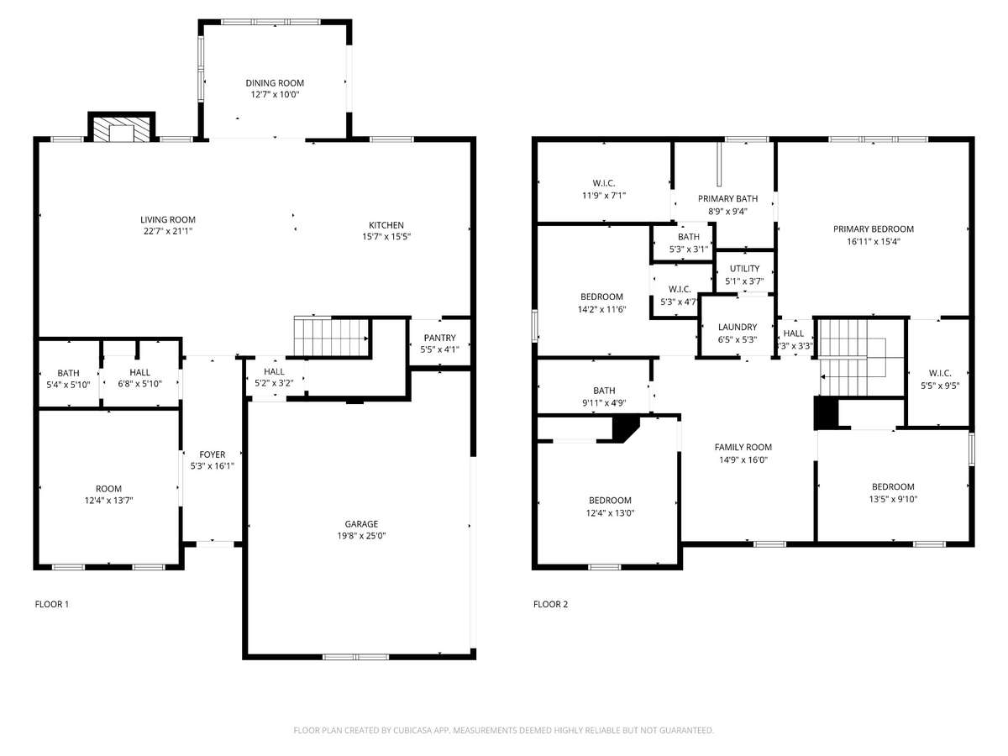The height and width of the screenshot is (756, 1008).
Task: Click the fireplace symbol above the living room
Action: (122, 127)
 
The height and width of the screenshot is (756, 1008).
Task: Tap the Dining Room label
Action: (275, 83)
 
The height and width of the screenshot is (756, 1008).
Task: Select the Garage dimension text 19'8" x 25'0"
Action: (361, 535)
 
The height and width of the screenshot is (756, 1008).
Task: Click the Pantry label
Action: (439, 338)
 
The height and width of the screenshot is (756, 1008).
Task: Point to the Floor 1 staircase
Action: (332, 337)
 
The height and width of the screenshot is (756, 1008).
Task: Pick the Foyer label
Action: (213, 454)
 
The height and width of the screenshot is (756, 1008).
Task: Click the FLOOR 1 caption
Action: (52, 604)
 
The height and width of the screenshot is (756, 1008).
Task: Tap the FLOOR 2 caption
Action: (550, 604)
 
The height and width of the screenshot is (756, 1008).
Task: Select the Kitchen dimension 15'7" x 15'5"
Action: (386, 236)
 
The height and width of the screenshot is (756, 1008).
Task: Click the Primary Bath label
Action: (728, 199)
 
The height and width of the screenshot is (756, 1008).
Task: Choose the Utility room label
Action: (744, 269)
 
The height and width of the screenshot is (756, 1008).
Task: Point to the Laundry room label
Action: (738, 327)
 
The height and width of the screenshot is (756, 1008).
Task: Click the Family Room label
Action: (743, 447)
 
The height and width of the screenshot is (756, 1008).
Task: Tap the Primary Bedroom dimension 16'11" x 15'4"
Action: (874, 241)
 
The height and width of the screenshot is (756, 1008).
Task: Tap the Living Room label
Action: (168, 220)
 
